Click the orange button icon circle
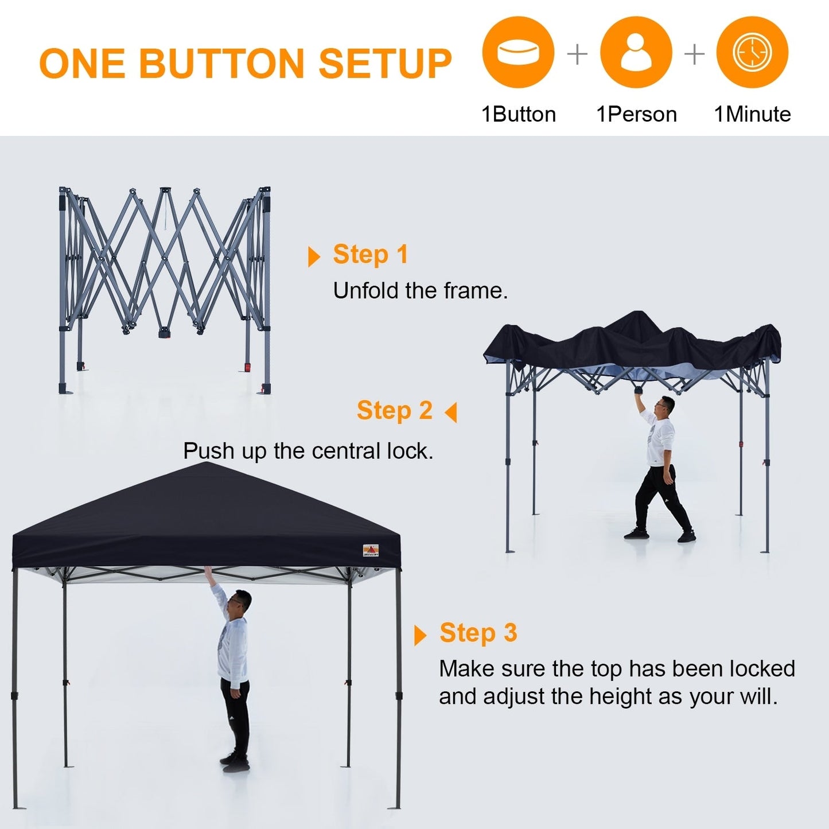[x=518, y=53]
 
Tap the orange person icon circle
[x=636, y=53]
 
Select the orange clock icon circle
[x=752, y=53]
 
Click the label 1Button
[x=519, y=114]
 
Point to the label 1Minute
[x=752, y=114]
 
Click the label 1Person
[x=636, y=114]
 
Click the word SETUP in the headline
[x=385, y=63]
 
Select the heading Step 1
[x=371, y=255]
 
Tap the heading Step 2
[x=394, y=411]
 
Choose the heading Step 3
[x=478, y=633]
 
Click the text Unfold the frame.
[x=420, y=291]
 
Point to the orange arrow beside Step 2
[x=452, y=412]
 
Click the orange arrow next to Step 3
[x=420, y=635]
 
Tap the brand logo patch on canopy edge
[x=371, y=551]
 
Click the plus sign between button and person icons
[x=577, y=55]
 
